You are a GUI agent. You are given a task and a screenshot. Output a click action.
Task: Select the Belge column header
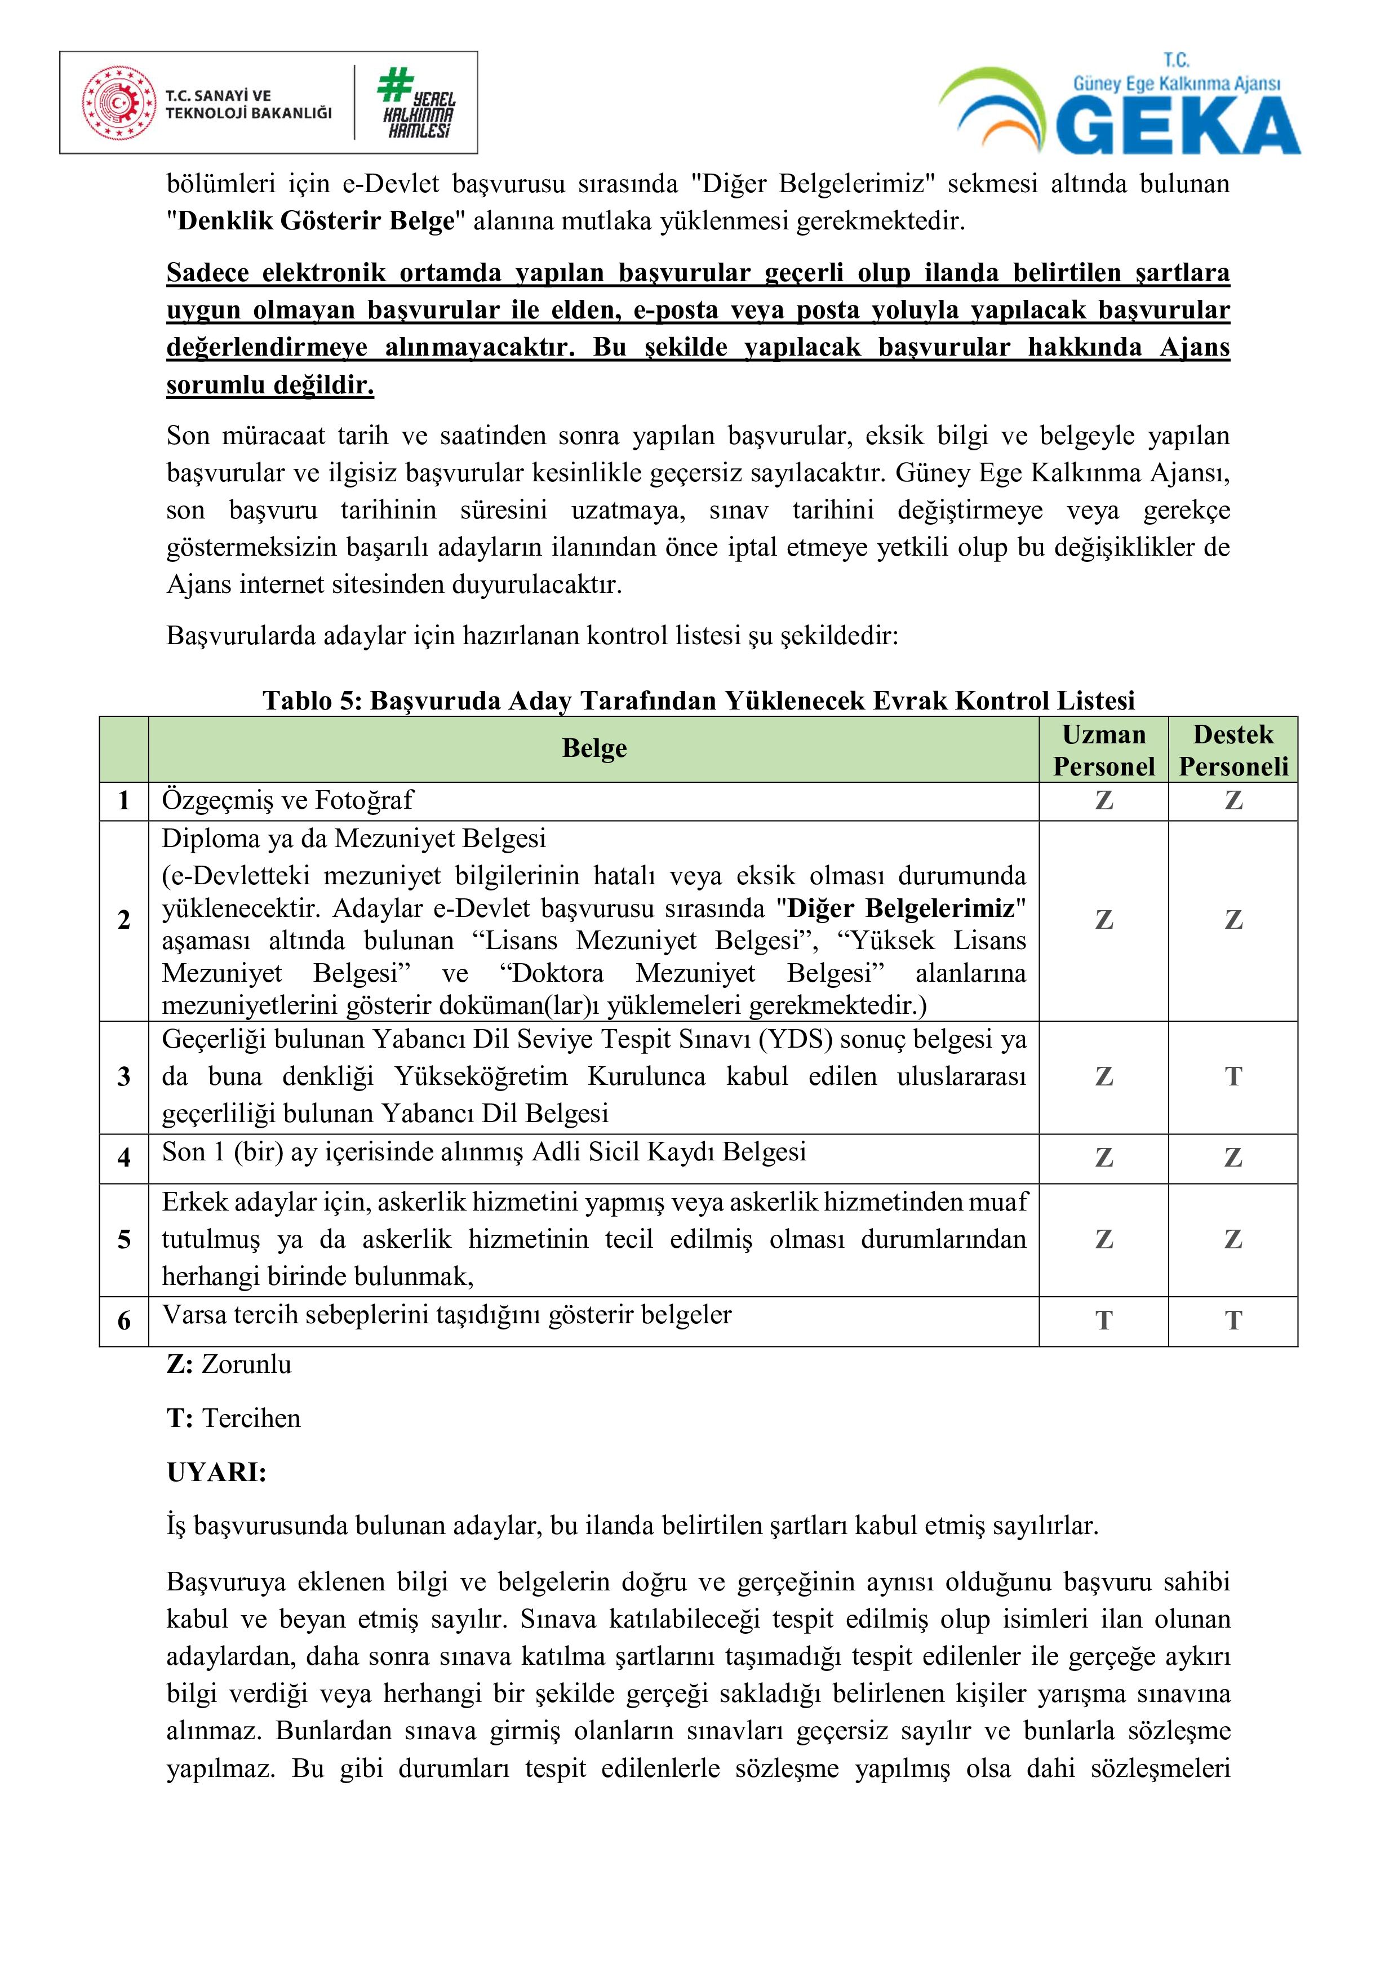pyautogui.click(x=594, y=748)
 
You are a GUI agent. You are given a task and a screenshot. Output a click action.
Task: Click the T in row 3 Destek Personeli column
pyautogui.click(x=1233, y=1076)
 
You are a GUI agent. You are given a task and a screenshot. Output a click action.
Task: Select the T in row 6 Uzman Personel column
pyautogui.click(x=1104, y=1321)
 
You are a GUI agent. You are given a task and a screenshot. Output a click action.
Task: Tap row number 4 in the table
pyautogui.click(x=124, y=1158)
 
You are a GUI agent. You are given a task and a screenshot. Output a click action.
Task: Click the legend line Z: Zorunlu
pyautogui.click(x=229, y=1364)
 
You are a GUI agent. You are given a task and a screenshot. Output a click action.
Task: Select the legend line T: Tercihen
pyautogui.click(x=233, y=1418)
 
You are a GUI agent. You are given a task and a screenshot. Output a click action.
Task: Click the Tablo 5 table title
pyautogui.click(x=698, y=700)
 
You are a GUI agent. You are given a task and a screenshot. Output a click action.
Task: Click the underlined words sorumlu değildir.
pyautogui.click(x=270, y=385)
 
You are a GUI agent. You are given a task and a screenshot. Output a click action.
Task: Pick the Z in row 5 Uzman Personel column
pyautogui.click(x=1104, y=1240)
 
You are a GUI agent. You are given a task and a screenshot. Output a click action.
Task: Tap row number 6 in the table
pyautogui.click(x=124, y=1321)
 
